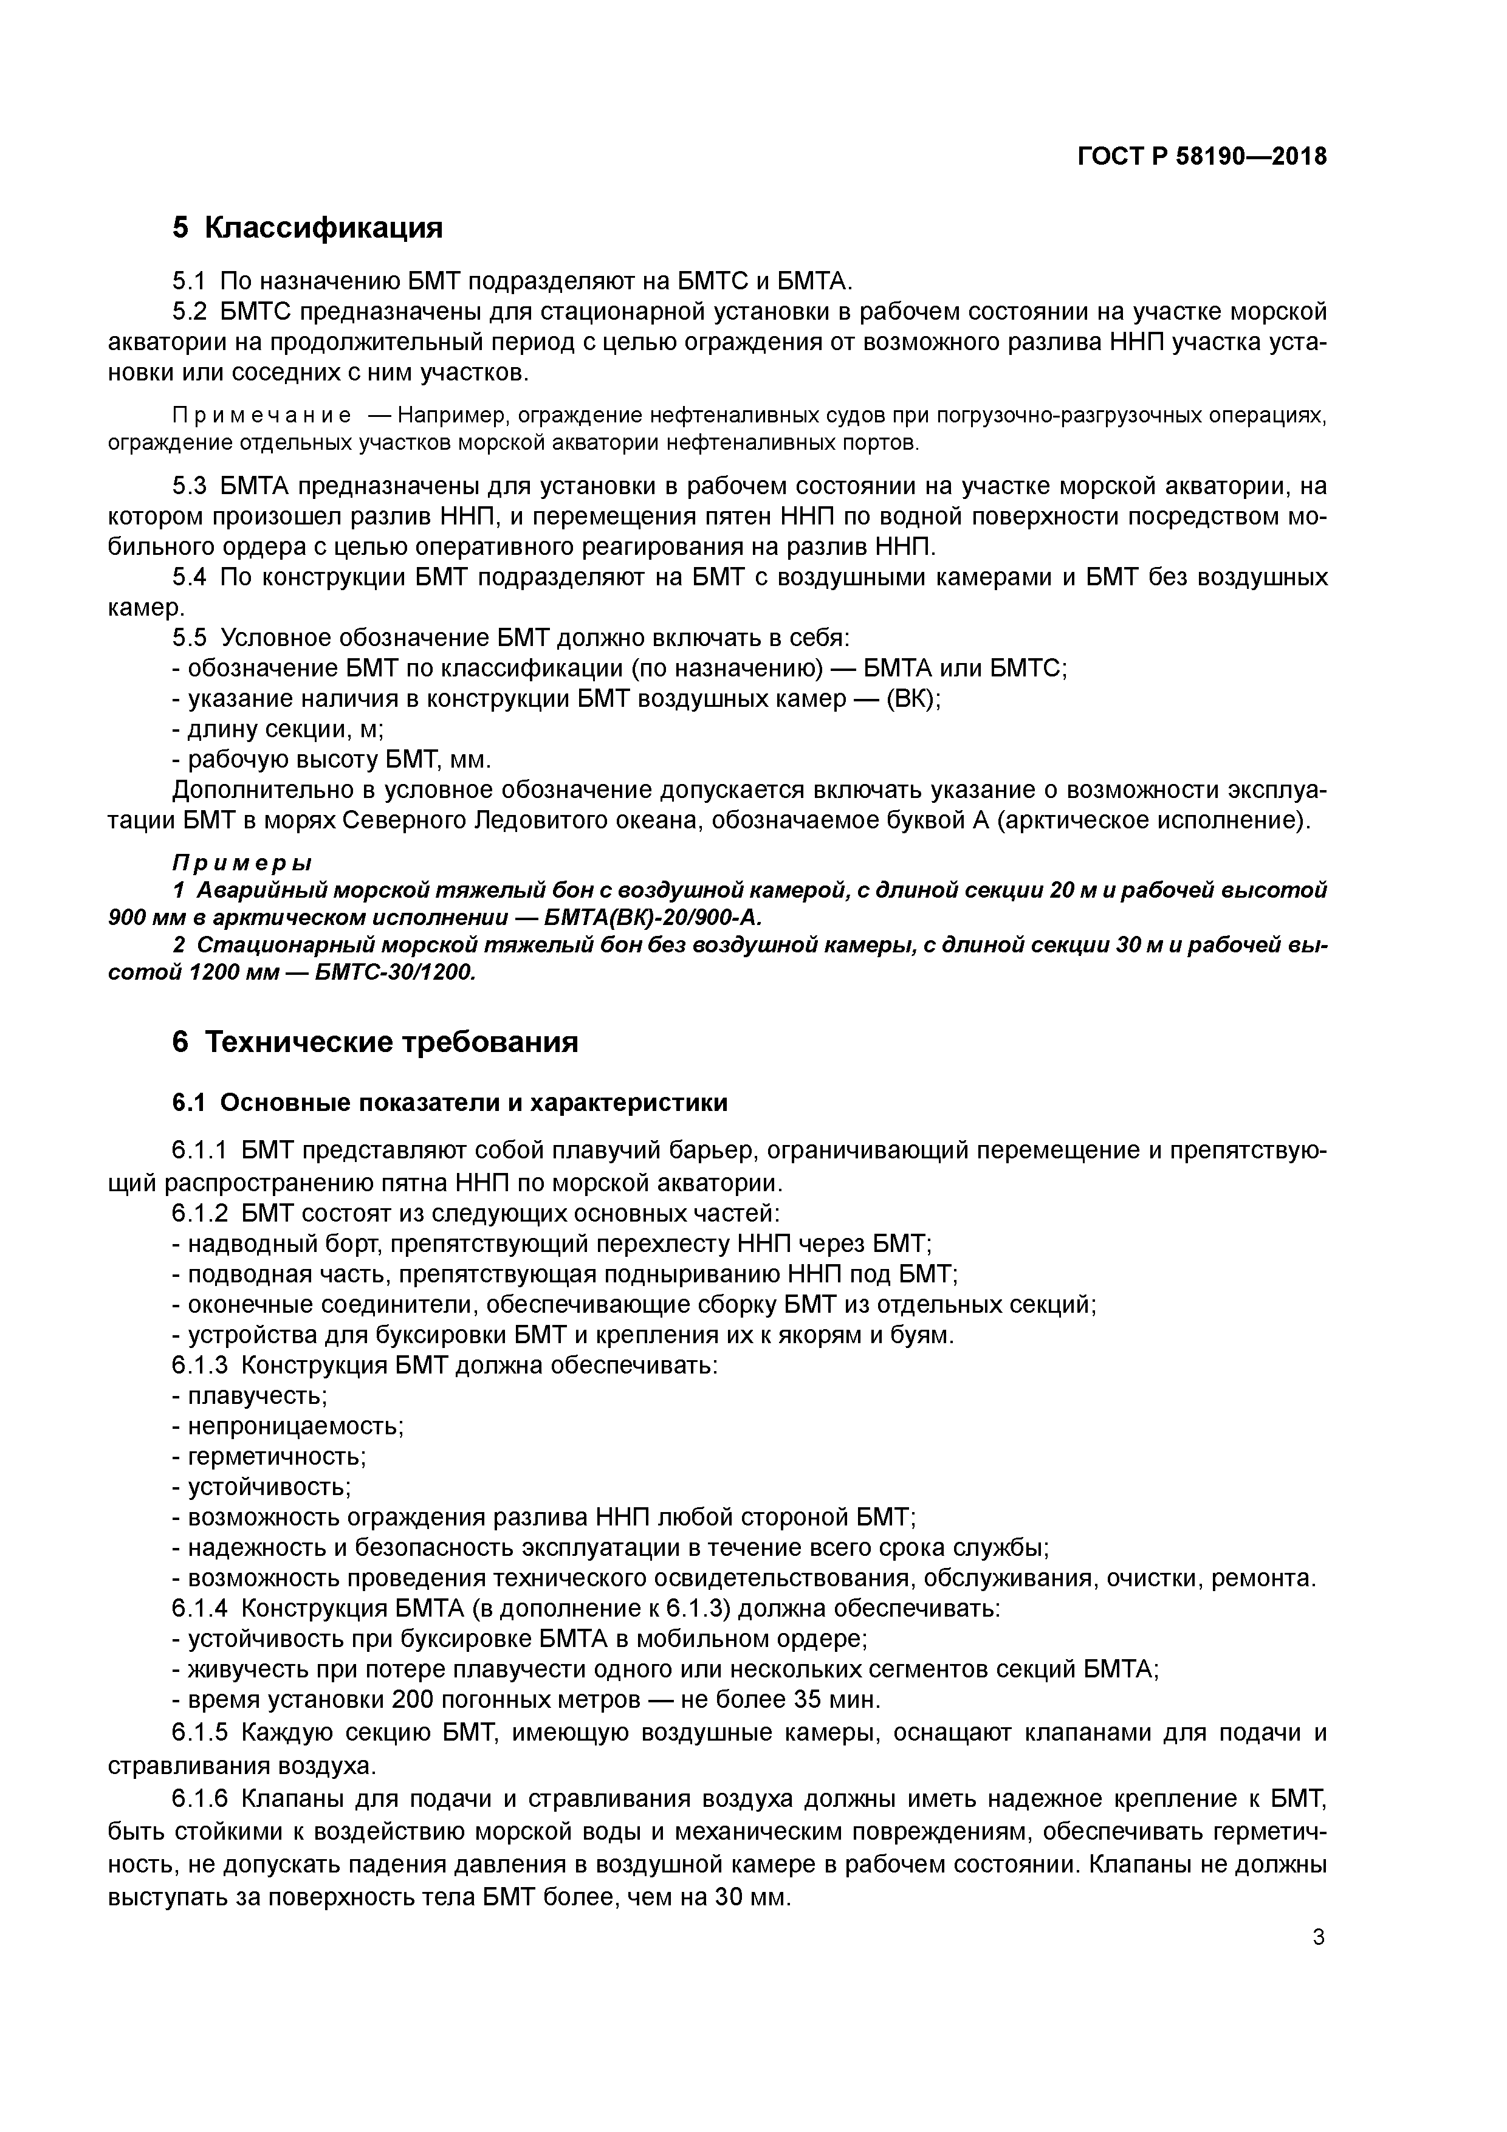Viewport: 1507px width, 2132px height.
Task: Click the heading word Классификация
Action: pyautogui.click(x=323, y=227)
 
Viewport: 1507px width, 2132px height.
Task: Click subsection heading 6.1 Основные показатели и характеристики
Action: pyautogui.click(x=450, y=1102)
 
